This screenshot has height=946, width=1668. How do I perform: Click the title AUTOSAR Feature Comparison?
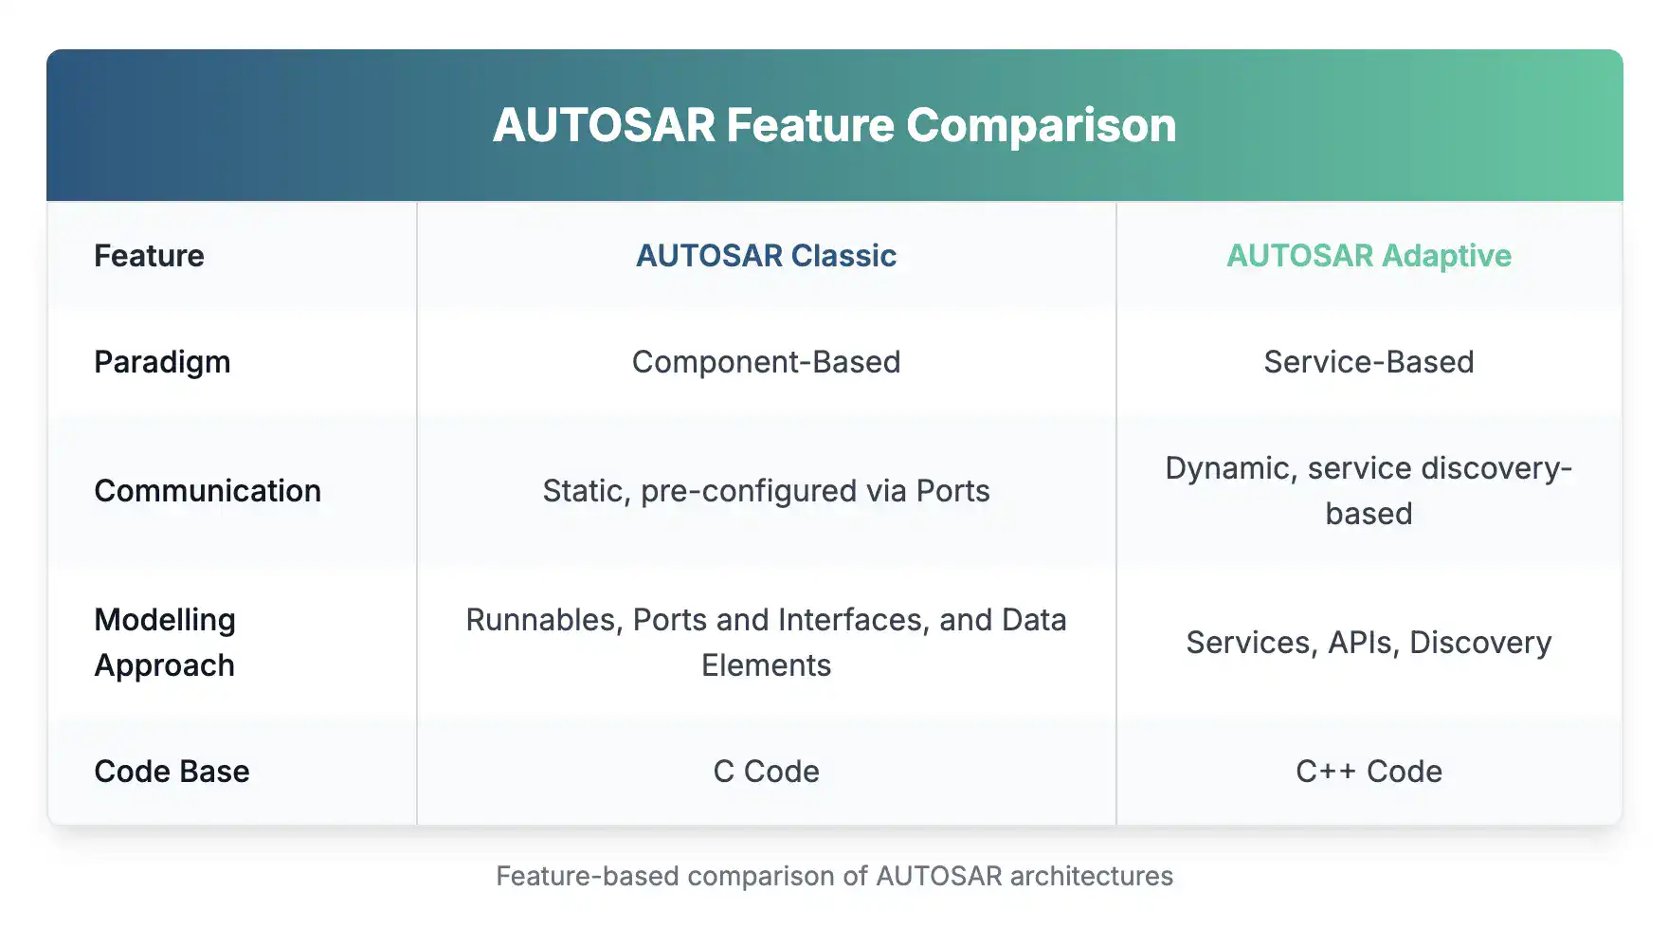(834, 125)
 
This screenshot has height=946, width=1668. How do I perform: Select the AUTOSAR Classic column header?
(766, 255)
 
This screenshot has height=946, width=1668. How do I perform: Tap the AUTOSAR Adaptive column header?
(1369, 255)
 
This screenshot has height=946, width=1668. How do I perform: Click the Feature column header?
(149, 255)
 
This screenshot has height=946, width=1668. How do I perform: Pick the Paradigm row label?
(162, 361)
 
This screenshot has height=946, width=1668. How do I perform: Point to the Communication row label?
(208, 490)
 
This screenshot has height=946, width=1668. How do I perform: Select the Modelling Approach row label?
(165, 642)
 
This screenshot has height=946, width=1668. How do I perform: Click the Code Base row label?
(172, 771)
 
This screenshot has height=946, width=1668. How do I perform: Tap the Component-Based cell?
(766, 361)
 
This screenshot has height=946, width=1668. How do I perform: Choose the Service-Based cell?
(1369, 361)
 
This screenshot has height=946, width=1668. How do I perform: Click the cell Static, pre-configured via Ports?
(766, 490)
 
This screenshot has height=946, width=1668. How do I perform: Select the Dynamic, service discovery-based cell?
(1369, 490)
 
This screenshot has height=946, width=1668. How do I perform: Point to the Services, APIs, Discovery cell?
(1369, 642)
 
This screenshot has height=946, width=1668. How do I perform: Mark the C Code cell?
(766, 771)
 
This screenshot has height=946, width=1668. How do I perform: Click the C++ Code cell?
(1369, 771)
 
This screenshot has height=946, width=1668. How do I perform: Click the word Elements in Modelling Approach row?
(766, 664)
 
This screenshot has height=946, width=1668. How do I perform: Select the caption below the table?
(834, 875)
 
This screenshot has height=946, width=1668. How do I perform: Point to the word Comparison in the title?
(1041, 125)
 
